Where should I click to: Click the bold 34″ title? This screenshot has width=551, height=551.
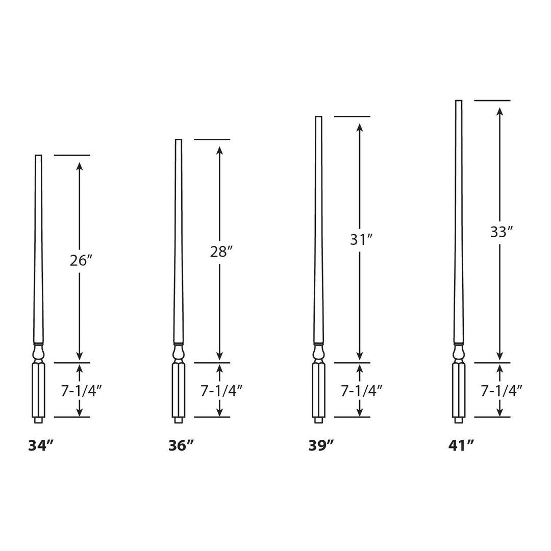point(41,445)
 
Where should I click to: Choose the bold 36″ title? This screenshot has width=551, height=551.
point(181,445)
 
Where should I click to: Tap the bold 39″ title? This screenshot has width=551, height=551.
point(321,445)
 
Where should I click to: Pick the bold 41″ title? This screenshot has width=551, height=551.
point(461,445)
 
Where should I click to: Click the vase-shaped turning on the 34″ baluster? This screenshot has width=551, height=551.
point(38,353)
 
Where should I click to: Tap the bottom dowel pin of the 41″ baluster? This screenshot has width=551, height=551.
point(458,420)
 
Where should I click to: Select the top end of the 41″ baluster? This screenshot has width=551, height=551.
point(458,102)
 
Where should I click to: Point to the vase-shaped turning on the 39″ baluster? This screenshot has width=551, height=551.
point(318,353)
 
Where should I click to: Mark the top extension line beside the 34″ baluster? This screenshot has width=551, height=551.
point(72,155)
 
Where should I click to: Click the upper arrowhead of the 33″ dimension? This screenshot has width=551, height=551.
point(500,112)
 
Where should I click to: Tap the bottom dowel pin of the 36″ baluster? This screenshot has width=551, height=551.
point(178,420)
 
